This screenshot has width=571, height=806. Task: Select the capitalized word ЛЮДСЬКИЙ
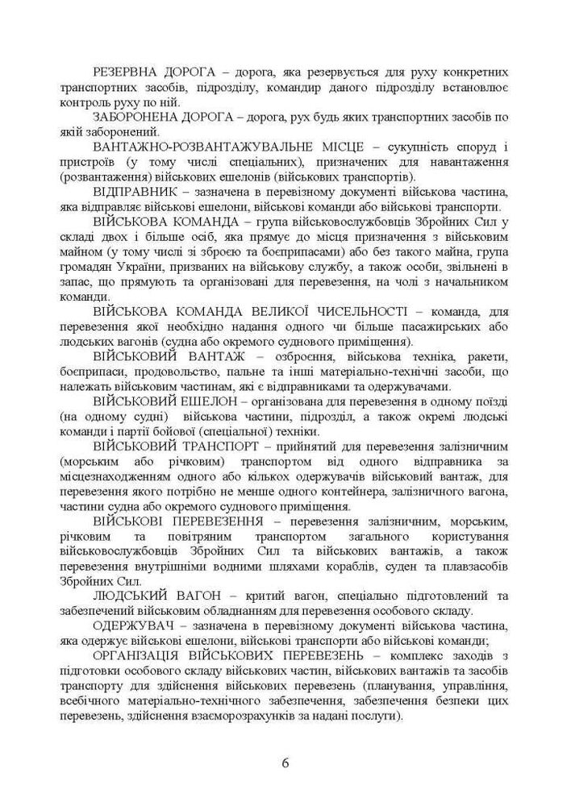tap(128, 596)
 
